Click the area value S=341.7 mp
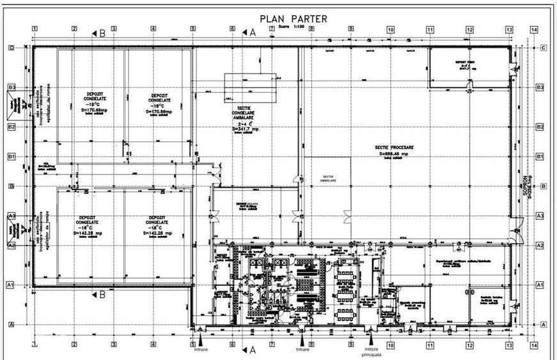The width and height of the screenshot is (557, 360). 247,129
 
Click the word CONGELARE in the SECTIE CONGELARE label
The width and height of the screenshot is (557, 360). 246,117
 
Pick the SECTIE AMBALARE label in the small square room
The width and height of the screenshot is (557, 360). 329,178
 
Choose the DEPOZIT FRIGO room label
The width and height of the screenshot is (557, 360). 464,63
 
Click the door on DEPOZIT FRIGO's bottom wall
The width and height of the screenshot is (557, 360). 470,86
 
